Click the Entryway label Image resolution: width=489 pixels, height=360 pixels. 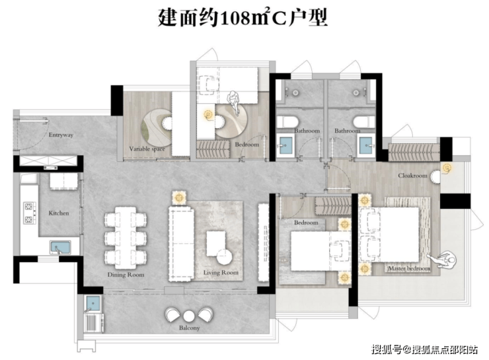click(61, 135)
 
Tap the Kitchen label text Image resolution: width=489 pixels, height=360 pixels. click(59, 213)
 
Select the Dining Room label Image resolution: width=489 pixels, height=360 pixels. click(126, 275)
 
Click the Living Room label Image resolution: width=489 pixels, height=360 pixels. click(221, 272)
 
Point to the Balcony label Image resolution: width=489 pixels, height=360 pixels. click(189, 328)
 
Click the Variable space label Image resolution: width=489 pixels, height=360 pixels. click(147, 149)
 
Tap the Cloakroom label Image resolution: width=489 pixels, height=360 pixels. click(412, 176)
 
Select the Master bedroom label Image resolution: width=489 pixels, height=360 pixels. click(409, 268)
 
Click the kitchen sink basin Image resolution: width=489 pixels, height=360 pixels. click(60, 248)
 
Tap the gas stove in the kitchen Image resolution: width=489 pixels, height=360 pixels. click(29, 213)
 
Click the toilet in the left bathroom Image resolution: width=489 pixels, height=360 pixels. click(287, 122)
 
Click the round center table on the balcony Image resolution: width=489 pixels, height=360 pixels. click(189, 316)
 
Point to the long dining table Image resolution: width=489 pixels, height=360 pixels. click(126, 238)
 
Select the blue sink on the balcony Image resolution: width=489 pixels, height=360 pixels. click(93, 303)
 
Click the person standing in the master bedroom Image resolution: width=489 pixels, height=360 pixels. click(443, 260)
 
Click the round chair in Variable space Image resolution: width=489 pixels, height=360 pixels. click(167, 122)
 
